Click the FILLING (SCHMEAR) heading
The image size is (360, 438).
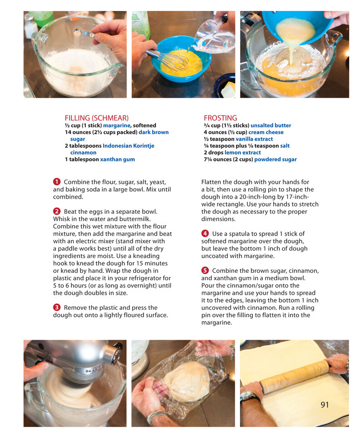tap(96, 118)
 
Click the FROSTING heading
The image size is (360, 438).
tap(220, 118)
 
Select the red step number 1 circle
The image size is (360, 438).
tap(57, 182)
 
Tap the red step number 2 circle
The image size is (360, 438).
tap(57, 211)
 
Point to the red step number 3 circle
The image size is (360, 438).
tap(57, 307)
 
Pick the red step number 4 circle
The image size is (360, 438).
tap(205, 233)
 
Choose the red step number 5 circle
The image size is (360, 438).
tap(205, 271)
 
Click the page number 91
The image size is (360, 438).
tap(325, 405)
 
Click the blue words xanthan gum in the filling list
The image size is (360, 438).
tap(117, 159)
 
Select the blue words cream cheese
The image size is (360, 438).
tap(266, 132)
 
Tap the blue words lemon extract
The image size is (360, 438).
tap(243, 152)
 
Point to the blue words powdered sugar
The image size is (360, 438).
tap(275, 159)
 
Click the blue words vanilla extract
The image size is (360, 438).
tap(254, 139)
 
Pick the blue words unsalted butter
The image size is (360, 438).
tap(271, 126)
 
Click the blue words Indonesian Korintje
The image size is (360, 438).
tap(128, 146)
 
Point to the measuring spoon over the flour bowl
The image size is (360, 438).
tap(84, 32)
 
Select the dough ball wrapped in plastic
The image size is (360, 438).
tap(186, 382)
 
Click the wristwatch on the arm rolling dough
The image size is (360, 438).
tap(248, 396)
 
